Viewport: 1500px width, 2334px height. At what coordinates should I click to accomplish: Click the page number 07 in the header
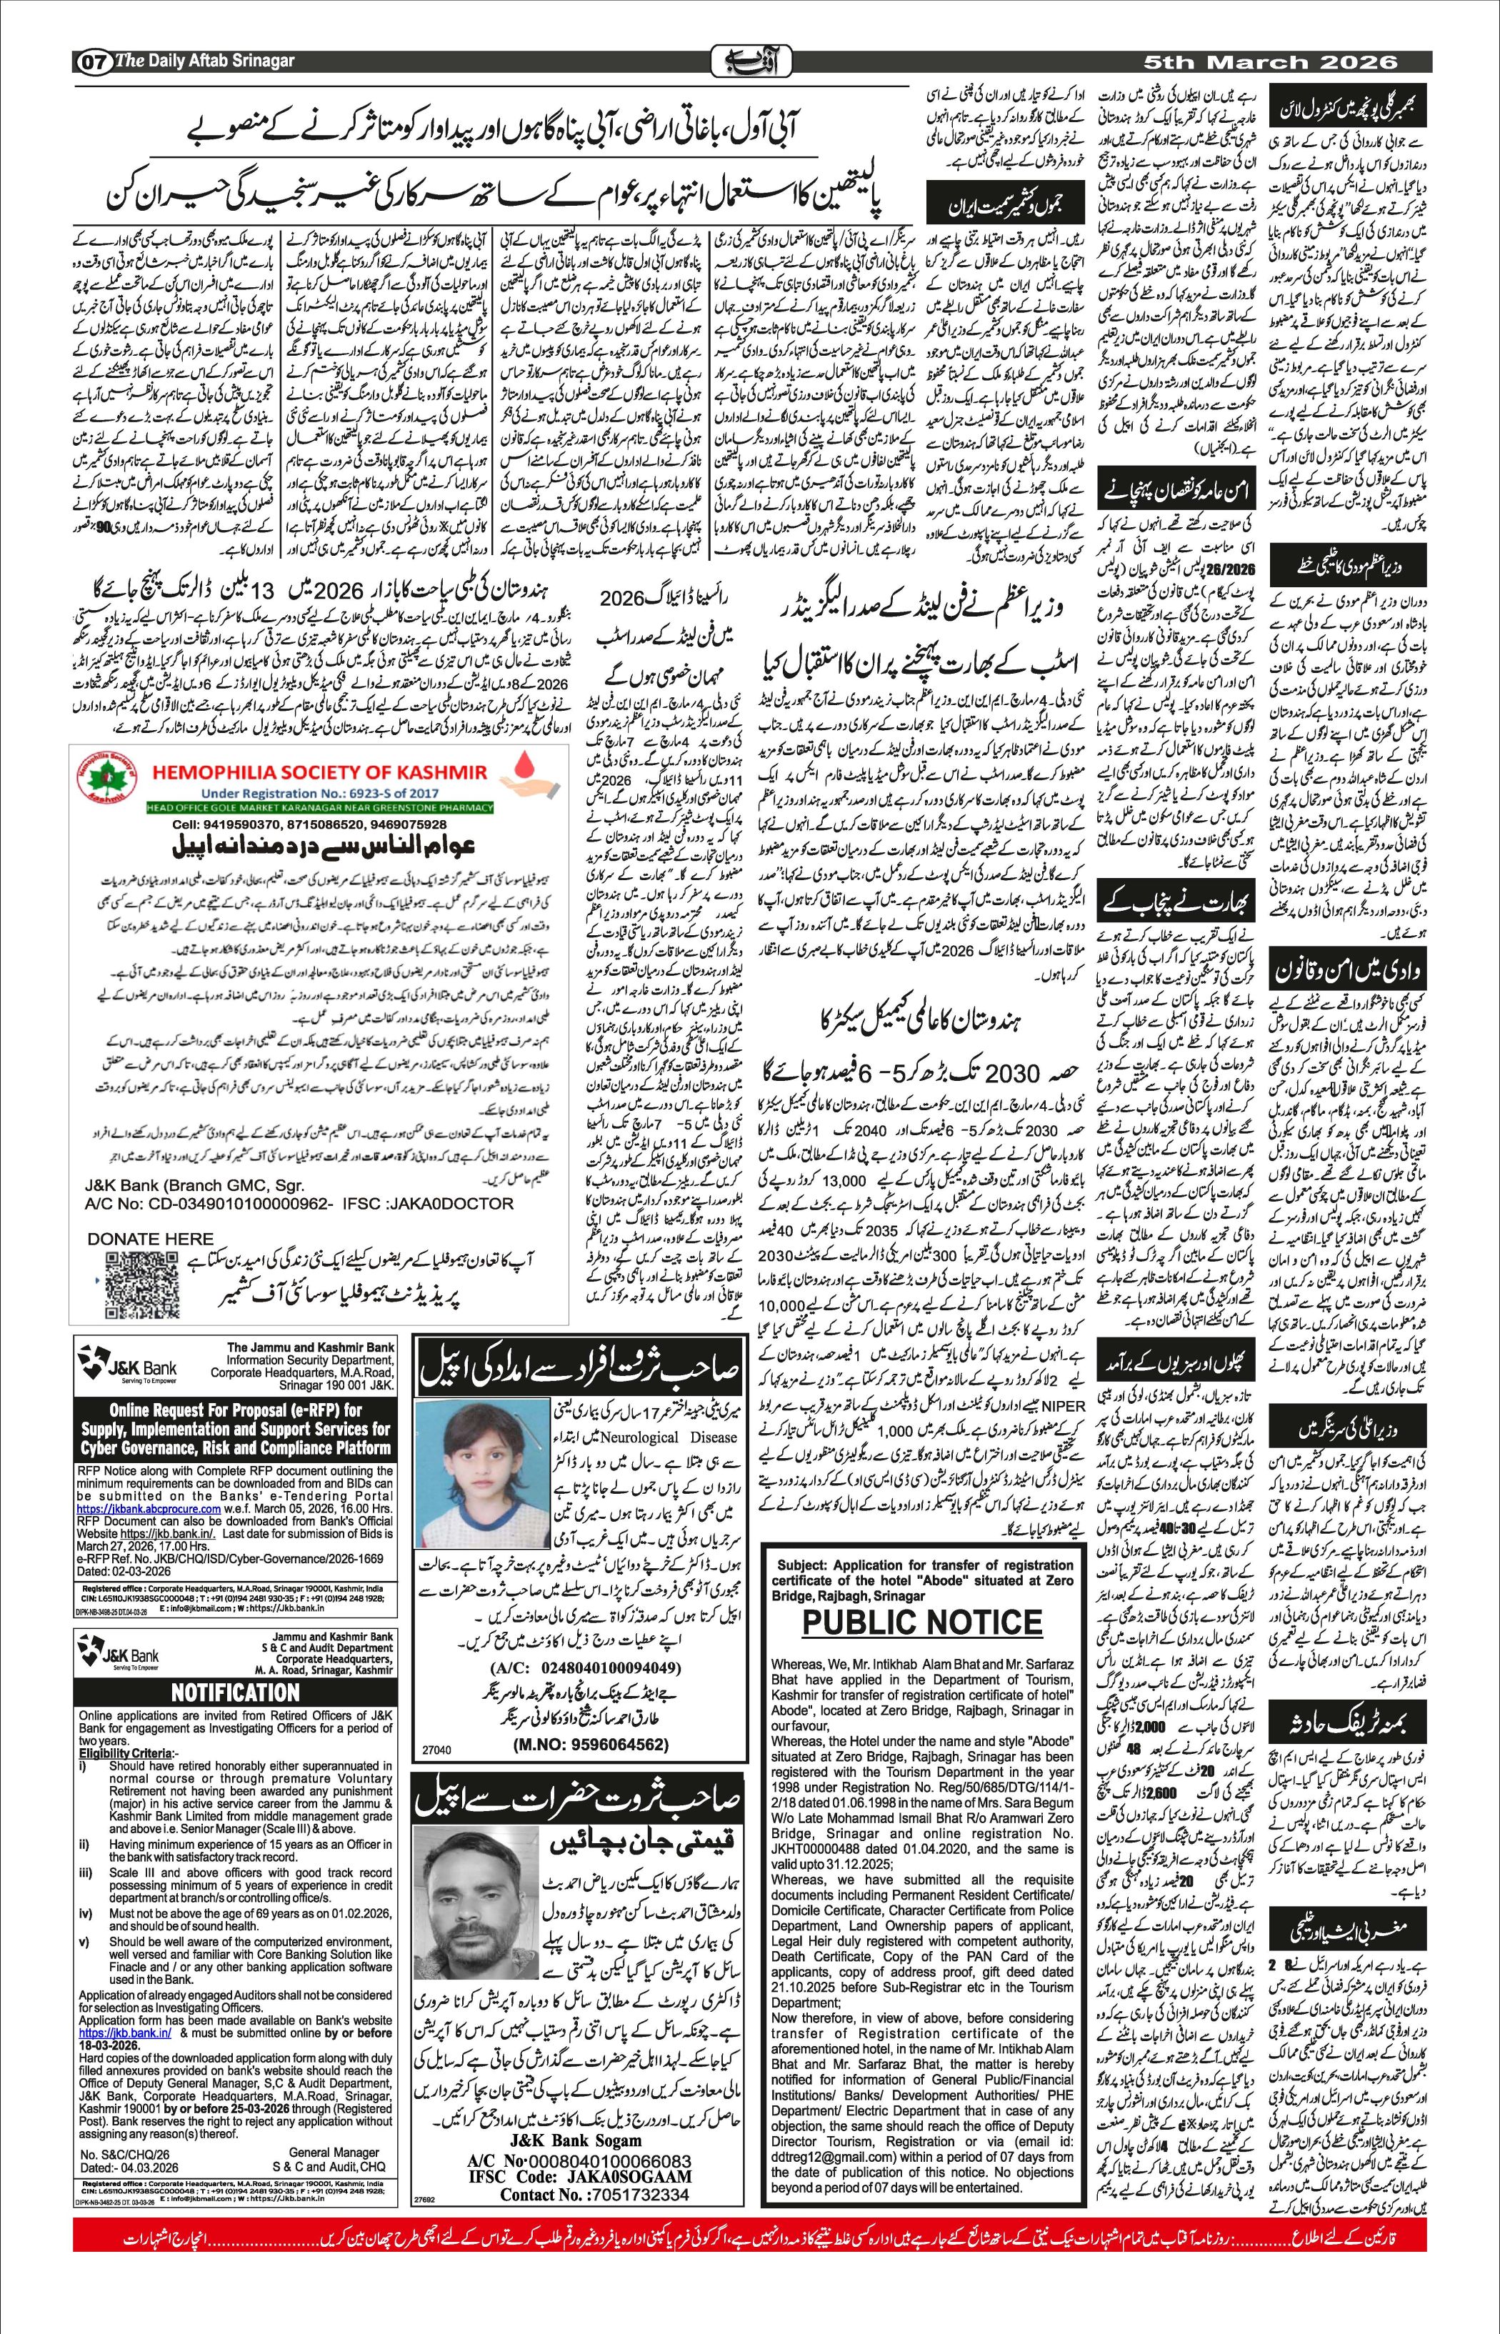(x=94, y=61)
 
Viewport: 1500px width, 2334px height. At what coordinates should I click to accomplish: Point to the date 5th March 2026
(x=1271, y=61)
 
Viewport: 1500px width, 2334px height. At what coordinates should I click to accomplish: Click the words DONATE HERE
(x=150, y=1239)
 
